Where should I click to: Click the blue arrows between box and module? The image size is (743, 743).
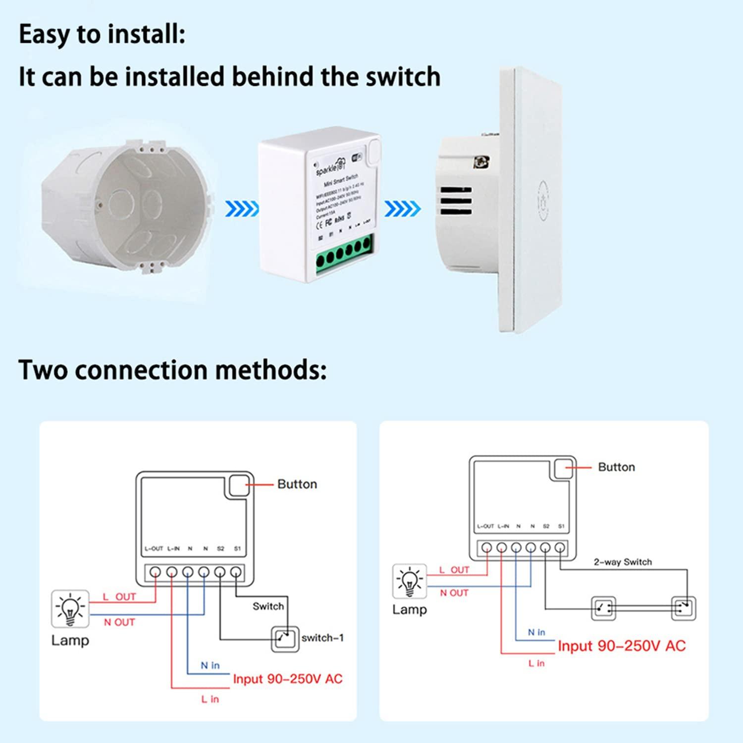[x=242, y=209]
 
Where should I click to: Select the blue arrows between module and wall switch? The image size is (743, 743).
[x=402, y=209]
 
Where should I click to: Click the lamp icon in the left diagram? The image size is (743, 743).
[x=70, y=608]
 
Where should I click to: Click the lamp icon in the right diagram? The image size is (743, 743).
[x=409, y=582]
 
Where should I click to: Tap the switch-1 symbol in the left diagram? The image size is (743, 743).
[x=285, y=638]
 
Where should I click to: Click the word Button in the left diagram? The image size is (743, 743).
[x=297, y=484]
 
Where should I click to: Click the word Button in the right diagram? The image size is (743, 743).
[x=616, y=467]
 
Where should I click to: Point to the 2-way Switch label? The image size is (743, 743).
[x=623, y=562]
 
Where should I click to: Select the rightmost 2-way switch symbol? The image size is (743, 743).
[x=684, y=608]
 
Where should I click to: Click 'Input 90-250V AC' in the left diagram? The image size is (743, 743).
[x=287, y=679]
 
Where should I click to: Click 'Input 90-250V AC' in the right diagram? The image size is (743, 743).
[x=622, y=646]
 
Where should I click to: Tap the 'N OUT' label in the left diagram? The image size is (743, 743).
[x=119, y=622]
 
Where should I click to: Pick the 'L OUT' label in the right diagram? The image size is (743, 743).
[x=454, y=570]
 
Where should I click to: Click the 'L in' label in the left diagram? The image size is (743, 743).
[x=210, y=699]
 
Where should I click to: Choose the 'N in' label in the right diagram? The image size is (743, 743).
[x=536, y=633]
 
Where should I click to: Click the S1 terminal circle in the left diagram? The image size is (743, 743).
[x=236, y=573]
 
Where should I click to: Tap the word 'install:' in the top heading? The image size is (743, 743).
[x=147, y=35]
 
